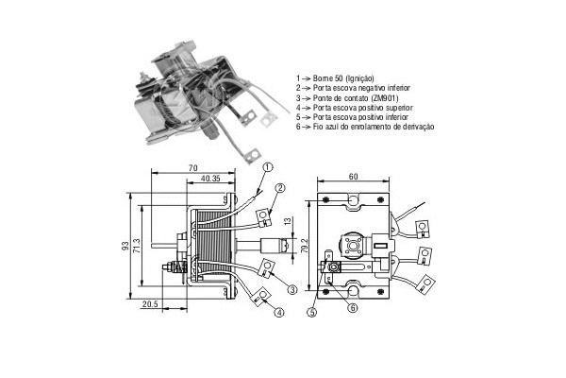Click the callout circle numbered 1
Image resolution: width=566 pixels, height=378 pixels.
(267, 167)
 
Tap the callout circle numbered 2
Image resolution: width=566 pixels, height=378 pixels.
(280, 188)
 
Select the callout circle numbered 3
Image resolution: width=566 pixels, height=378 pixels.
(292, 289)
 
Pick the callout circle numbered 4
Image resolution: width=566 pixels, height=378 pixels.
(278, 312)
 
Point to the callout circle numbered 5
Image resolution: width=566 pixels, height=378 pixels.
(312, 313)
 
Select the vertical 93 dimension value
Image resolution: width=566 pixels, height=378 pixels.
(125, 246)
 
